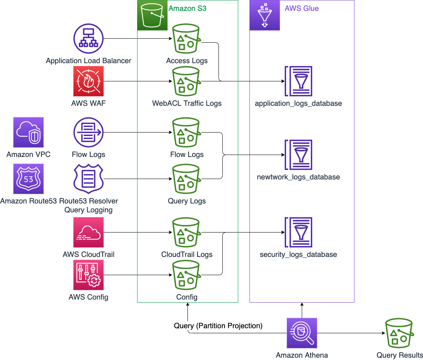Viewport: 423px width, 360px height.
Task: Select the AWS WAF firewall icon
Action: point(88,81)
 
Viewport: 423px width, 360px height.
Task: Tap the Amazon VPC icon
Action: point(28,133)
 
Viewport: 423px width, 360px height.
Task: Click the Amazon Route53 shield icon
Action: point(28,179)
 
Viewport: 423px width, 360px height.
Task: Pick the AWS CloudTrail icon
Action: point(88,232)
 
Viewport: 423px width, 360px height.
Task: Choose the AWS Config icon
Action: point(88,275)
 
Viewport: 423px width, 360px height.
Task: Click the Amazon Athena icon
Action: point(302,333)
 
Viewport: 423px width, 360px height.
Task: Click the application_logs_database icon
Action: point(298,81)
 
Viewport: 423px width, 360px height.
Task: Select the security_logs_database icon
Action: point(298,232)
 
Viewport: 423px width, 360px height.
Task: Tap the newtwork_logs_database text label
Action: point(298,177)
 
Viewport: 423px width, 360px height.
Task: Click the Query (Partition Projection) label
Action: point(218,326)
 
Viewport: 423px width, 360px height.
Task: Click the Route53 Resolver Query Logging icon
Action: point(88,179)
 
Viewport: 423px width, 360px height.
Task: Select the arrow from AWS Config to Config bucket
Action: point(138,275)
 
